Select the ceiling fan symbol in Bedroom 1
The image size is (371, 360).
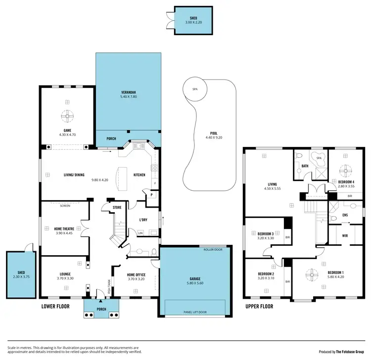click(x=312, y=273)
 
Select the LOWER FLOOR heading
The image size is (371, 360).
click(x=55, y=307)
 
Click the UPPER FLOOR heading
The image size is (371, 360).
click(x=259, y=307)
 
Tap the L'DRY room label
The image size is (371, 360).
click(x=143, y=220)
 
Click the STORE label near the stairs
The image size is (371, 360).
click(x=117, y=207)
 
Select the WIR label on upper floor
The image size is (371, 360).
click(x=345, y=236)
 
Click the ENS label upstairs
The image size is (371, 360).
click(x=346, y=216)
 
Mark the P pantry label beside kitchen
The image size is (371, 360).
click(x=151, y=195)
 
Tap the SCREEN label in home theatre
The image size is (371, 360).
click(x=65, y=205)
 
